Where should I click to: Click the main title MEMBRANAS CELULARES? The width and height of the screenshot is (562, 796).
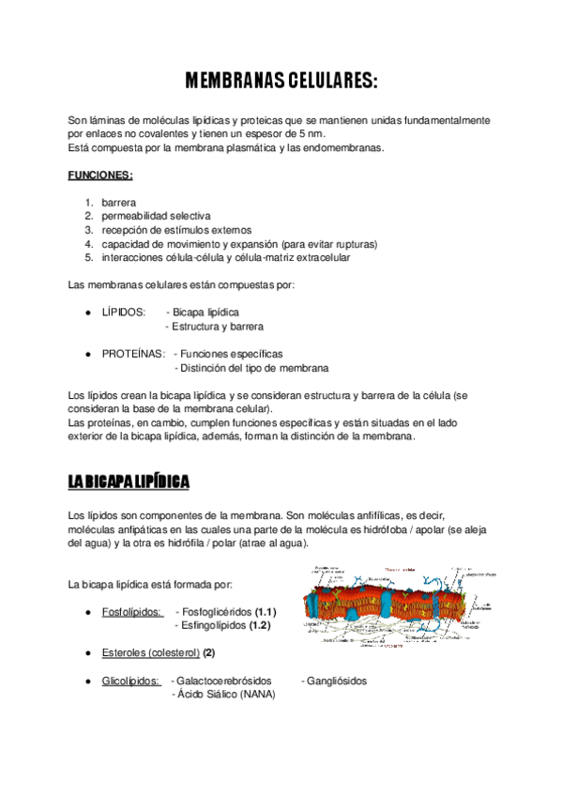coord(281,82)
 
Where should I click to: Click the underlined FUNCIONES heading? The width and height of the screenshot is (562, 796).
coord(100,175)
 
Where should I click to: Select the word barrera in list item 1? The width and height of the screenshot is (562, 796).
coord(119,202)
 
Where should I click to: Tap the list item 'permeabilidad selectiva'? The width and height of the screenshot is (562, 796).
coord(157,216)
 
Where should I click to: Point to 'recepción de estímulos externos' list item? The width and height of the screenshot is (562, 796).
coord(176,229)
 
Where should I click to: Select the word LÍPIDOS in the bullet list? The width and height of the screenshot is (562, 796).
coord(123,312)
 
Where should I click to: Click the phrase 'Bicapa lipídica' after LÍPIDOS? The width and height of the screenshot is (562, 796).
coord(205,312)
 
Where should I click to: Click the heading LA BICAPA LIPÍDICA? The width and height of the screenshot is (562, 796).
coord(129,482)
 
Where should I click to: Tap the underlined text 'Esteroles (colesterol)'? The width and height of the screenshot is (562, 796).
coord(150,652)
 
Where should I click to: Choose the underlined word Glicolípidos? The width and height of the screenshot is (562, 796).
coord(130,681)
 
